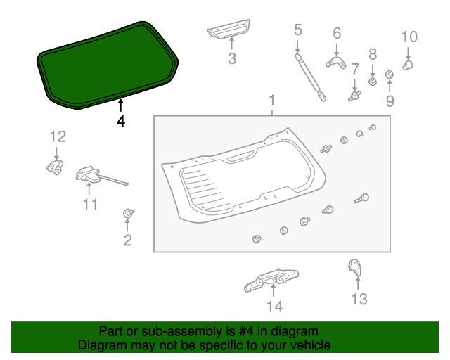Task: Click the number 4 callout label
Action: [x=121, y=121]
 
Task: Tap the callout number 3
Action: [x=232, y=59]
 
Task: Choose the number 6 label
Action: [x=336, y=33]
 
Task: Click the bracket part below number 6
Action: [x=336, y=63]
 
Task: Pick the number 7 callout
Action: [x=356, y=69]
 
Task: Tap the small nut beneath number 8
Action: [x=373, y=82]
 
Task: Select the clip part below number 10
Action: [x=408, y=65]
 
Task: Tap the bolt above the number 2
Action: [x=128, y=212]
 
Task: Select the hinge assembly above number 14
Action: [x=271, y=278]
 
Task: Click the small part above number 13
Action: [x=356, y=266]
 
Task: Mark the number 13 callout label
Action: [x=359, y=300]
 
